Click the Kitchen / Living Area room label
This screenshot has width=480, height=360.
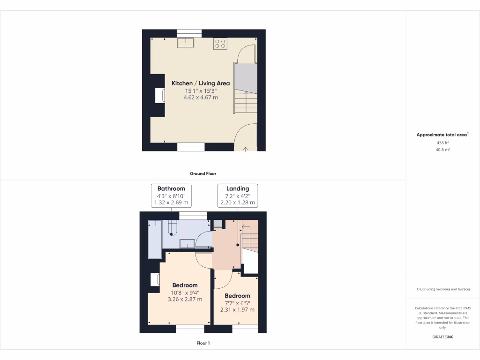click(201, 83)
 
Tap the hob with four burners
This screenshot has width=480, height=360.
click(220, 44)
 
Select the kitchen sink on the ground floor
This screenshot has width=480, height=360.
click(186, 43)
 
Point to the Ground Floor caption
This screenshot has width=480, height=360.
click(203, 173)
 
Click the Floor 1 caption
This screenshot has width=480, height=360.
click(203, 343)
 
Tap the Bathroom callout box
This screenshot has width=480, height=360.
click(171, 195)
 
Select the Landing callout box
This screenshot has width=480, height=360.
click(238, 195)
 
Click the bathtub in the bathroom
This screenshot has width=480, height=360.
click(155, 239)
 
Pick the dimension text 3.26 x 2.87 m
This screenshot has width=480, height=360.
click(185, 299)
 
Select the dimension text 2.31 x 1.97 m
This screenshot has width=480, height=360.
click(237, 309)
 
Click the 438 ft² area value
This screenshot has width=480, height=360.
click(442, 142)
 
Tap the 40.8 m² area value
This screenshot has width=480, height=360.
click(442, 150)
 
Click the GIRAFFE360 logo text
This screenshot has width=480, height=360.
click(443, 337)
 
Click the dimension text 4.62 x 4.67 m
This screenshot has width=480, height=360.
click(201, 97)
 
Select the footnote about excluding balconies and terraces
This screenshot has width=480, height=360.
click(442, 289)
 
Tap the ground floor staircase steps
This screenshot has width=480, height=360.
click(246, 102)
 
